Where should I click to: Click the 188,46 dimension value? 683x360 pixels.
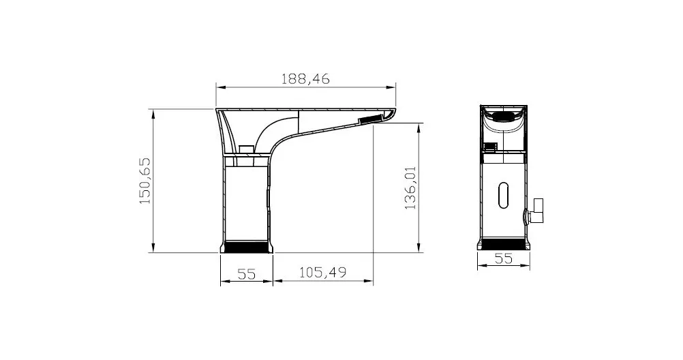click(305, 79)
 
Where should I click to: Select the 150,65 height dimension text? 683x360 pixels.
click(145, 181)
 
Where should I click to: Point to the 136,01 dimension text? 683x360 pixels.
click(410, 187)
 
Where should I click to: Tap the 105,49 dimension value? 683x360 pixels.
click(323, 273)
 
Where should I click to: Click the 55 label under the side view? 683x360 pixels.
click(247, 274)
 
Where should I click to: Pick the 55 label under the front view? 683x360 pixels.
click(504, 258)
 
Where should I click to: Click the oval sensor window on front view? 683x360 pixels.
click(504, 195)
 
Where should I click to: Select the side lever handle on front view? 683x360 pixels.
click(536, 211)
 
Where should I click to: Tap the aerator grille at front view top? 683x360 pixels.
click(504, 117)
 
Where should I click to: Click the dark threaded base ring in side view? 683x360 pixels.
click(247, 247)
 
